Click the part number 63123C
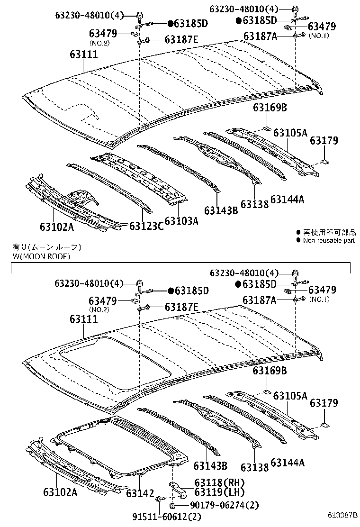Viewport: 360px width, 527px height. (146, 226)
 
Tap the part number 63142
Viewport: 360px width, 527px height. (140, 493)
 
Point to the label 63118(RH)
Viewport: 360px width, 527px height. (220, 482)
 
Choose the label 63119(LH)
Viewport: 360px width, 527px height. (220, 492)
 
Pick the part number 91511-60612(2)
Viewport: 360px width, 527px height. (167, 516)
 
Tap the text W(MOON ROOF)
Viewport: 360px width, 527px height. (42, 256)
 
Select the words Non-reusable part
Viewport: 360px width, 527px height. (329, 240)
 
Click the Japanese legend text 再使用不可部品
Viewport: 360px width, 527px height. (329, 232)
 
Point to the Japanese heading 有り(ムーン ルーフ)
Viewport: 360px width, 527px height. (47, 248)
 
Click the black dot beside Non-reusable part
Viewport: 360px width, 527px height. (298, 240)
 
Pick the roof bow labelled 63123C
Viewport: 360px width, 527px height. (109, 188)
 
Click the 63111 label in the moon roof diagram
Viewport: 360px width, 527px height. (84, 318)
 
